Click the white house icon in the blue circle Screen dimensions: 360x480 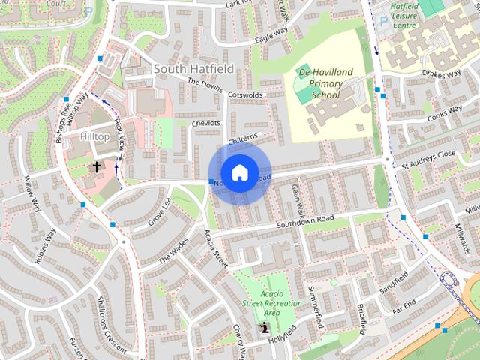tap(239, 172)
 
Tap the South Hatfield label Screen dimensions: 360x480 tap(193, 69)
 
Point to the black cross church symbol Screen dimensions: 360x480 tap(97, 166)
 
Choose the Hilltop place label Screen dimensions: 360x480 tap(95, 137)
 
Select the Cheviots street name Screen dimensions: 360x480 tap(205, 123)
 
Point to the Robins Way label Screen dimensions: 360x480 tap(45, 246)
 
